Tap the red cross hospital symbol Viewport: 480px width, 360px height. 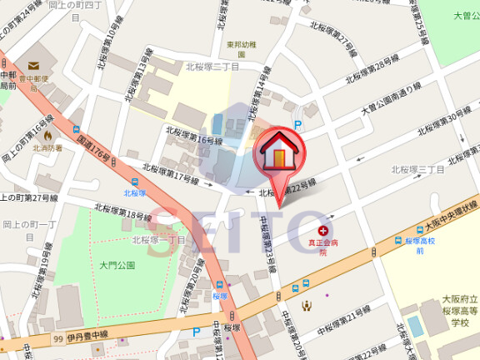323,228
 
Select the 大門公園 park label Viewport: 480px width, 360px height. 117,265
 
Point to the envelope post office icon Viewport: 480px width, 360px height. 33,65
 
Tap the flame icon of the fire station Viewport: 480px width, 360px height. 47,134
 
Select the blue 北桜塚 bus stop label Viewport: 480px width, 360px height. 135,192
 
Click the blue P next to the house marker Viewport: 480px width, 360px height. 297,125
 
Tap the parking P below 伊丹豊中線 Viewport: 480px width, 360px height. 197,332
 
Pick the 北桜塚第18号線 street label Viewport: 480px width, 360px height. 122,214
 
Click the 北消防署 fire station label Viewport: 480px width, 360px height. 47,147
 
